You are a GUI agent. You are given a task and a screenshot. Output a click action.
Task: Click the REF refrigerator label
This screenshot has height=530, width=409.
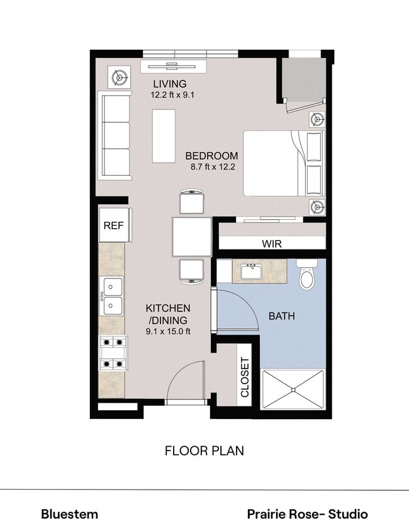[114, 226]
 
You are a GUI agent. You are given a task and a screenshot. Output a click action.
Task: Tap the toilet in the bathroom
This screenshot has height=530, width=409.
[306, 275]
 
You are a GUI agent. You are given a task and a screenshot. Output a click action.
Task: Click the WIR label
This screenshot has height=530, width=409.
[271, 243]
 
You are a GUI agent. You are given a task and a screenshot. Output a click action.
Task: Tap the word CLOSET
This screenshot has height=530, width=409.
[245, 377]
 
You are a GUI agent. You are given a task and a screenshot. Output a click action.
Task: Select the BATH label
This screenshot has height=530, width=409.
[282, 316]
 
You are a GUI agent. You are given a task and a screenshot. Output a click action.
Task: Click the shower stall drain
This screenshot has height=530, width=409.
[293, 391]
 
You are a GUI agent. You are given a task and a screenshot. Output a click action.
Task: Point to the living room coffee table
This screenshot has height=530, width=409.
[164, 135]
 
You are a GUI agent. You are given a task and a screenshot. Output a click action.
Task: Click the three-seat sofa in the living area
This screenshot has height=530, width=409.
[114, 135]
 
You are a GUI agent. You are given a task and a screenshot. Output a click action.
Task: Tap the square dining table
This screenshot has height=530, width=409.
[192, 236]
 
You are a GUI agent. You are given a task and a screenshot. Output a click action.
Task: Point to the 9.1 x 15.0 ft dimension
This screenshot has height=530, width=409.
[168, 332]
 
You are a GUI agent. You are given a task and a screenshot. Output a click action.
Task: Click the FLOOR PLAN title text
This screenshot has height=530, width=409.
[204, 451]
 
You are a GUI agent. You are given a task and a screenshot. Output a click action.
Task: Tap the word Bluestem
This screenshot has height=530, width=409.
[69, 514]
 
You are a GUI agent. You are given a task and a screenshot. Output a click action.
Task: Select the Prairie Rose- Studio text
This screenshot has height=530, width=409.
[307, 514]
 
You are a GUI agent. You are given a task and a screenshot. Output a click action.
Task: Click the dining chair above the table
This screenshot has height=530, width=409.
[192, 202]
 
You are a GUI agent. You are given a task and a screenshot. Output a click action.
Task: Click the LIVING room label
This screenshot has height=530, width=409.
[170, 84]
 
